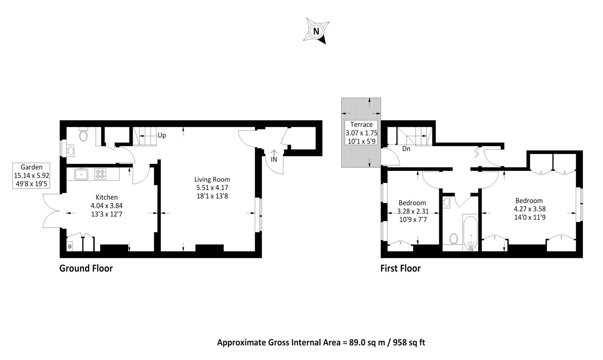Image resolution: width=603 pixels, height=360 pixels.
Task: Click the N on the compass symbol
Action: point(316,31)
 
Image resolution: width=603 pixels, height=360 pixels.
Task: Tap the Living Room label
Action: point(212,179)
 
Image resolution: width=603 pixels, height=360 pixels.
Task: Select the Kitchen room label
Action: point(107,197)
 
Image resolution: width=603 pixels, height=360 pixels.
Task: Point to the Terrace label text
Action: point(361,124)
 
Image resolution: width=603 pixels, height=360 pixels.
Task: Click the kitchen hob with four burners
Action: point(100,173)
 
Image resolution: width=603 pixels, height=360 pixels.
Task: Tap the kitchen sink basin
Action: point(81,174)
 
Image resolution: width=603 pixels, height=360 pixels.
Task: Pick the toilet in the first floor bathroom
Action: point(454,239)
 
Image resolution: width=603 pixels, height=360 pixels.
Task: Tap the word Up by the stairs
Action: point(162,135)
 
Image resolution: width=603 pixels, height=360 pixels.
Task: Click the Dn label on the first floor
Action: point(406,149)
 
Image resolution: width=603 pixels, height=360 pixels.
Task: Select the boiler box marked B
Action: point(70,247)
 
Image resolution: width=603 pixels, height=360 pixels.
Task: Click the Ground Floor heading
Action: point(86,268)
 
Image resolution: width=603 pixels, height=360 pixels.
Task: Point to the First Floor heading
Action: point(400,268)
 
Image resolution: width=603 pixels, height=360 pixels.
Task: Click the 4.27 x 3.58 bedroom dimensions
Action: point(530,209)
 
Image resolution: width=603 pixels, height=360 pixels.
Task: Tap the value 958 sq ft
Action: point(409,343)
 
